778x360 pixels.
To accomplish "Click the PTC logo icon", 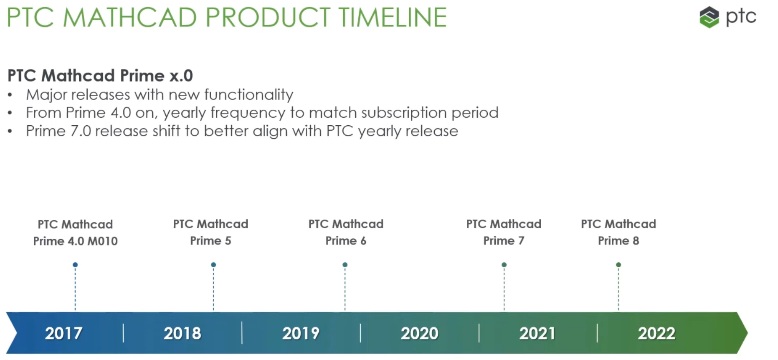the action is coord(709,17).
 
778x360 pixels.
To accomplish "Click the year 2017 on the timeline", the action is coord(63,333).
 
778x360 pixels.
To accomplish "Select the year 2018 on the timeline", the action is coord(182,333).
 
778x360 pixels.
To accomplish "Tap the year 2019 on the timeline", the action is coord(301,333).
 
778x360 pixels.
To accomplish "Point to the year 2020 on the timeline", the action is coord(419,333).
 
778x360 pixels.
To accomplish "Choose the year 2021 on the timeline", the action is coord(537,333).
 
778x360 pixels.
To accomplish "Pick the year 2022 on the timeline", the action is coord(656,333).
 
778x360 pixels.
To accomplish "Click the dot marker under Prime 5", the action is coord(213,265).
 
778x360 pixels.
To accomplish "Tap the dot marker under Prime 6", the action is coord(345,265).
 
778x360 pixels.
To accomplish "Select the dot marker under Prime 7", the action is coord(504,265).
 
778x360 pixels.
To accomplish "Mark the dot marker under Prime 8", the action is coord(618,265).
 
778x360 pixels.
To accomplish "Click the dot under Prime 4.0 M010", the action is coord(75,265).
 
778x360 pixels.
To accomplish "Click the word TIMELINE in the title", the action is coord(393,17).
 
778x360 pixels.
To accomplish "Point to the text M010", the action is coord(103,241).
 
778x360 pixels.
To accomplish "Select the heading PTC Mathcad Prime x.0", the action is coord(100,76).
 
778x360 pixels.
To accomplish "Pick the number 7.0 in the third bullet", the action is coord(81,131).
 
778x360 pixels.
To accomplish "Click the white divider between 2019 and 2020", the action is coord(360,333).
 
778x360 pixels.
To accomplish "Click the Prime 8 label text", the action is coord(618,241).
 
